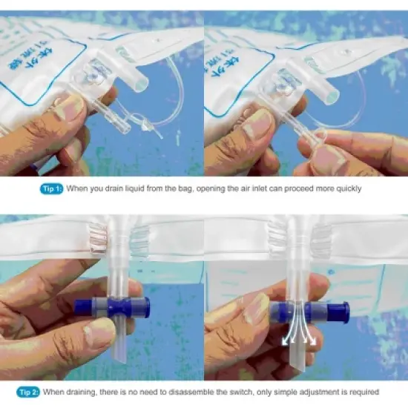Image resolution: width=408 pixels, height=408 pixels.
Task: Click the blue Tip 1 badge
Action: tap(50, 188)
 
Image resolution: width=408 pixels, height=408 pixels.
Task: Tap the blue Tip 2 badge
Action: tap(30, 392)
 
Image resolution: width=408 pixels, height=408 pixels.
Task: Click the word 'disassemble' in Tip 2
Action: tap(199, 392)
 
